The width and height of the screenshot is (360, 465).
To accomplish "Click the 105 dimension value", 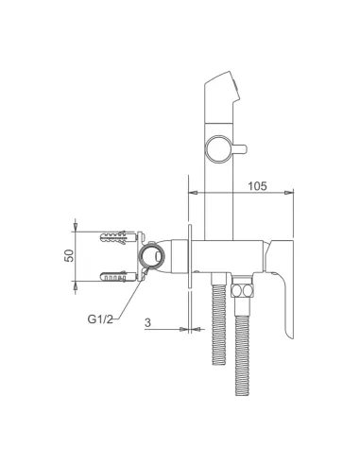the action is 257,186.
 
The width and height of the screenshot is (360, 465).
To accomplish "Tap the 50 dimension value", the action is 69,255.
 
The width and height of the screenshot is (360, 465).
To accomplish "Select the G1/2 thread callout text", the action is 100,319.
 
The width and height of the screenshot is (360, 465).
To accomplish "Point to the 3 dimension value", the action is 147,322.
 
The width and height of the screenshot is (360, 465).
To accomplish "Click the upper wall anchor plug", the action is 114,236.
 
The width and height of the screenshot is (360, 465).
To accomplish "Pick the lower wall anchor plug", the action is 113,276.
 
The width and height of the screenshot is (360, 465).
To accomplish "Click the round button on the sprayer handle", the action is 218,149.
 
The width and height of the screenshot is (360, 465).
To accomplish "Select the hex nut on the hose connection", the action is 242,290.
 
